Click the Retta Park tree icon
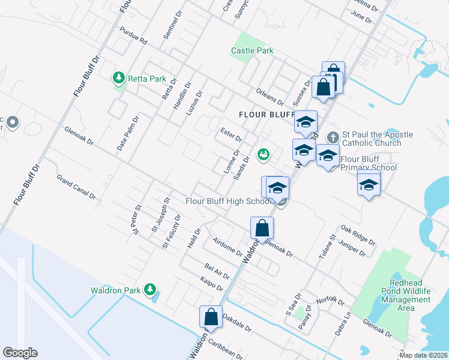118,78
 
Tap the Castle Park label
252,51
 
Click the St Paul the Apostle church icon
334,138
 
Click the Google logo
20,353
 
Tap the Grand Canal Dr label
76,187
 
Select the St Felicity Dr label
171,232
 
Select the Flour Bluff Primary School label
368,163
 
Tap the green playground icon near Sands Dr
262,155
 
